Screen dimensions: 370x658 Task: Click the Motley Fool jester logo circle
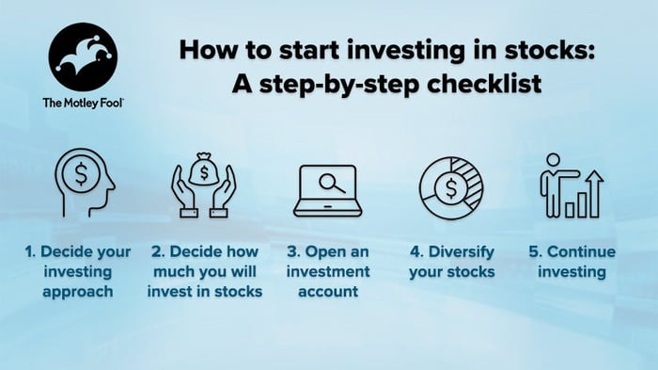83,56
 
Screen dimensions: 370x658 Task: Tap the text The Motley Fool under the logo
82,103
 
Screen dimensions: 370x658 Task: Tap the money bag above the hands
204,170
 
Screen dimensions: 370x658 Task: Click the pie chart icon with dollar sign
450,185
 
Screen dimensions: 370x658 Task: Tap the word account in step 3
329,292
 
